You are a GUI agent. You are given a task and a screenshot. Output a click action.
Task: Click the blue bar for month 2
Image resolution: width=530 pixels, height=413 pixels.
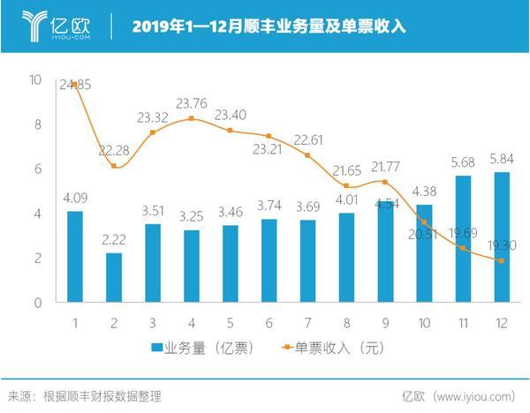tap(114, 277)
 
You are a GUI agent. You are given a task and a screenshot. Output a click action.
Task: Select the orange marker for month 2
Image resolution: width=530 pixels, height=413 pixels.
tap(114, 166)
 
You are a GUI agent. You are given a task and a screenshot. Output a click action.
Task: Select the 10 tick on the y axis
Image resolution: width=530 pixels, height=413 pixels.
tap(35, 80)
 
